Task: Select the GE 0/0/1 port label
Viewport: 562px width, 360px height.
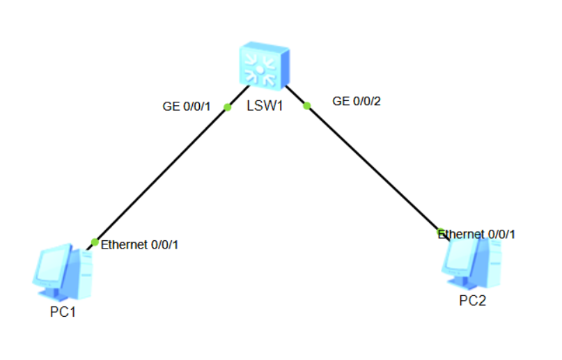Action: [186, 106]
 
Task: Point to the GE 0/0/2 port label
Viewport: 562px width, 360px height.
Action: [357, 101]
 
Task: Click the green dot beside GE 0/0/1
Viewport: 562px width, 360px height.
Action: [227, 107]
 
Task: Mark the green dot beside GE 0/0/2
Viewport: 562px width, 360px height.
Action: [306, 106]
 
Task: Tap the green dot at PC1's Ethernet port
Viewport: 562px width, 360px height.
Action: [95, 242]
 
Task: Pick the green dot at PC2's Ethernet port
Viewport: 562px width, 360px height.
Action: [440, 231]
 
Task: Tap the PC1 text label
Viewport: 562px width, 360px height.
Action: [62, 311]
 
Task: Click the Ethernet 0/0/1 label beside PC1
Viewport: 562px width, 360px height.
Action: [140, 245]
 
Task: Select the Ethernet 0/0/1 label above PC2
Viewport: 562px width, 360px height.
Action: [479, 234]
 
